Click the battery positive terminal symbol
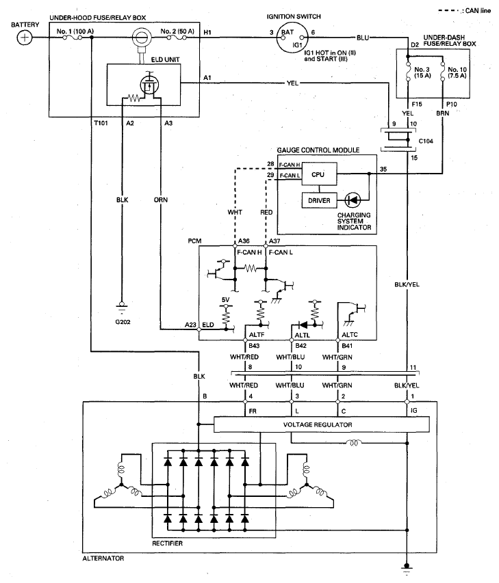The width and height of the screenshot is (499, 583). coord(25,38)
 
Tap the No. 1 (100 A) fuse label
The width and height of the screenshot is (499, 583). coord(75,31)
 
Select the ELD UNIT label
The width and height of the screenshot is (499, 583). coord(165,59)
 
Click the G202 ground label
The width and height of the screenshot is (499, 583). coord(123,322)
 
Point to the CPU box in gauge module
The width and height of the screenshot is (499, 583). coord(319,174)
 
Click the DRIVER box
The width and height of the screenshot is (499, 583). coord(319,201)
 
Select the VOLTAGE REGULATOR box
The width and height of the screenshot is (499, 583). coord(321,424)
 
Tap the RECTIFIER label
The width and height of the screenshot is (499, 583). coord(167,543)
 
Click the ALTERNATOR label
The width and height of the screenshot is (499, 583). coord(103,558)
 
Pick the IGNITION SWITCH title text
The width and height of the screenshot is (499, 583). coord(294,16)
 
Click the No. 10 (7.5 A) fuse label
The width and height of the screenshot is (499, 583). coord(457,72)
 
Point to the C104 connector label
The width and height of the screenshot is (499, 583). coord(426,141)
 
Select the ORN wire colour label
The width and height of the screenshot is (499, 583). coord(161,200)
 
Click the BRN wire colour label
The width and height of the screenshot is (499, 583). coord(442,113)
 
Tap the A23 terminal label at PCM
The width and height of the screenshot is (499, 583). coord(190,325)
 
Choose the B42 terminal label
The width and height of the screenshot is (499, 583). coord(300,346)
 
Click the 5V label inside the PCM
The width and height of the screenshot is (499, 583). coord(225,299)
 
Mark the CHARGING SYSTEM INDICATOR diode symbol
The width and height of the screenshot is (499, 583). coord(353,201)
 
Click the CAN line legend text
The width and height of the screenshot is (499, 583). coord(478,11)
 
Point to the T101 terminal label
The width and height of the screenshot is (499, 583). coord(101,123)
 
